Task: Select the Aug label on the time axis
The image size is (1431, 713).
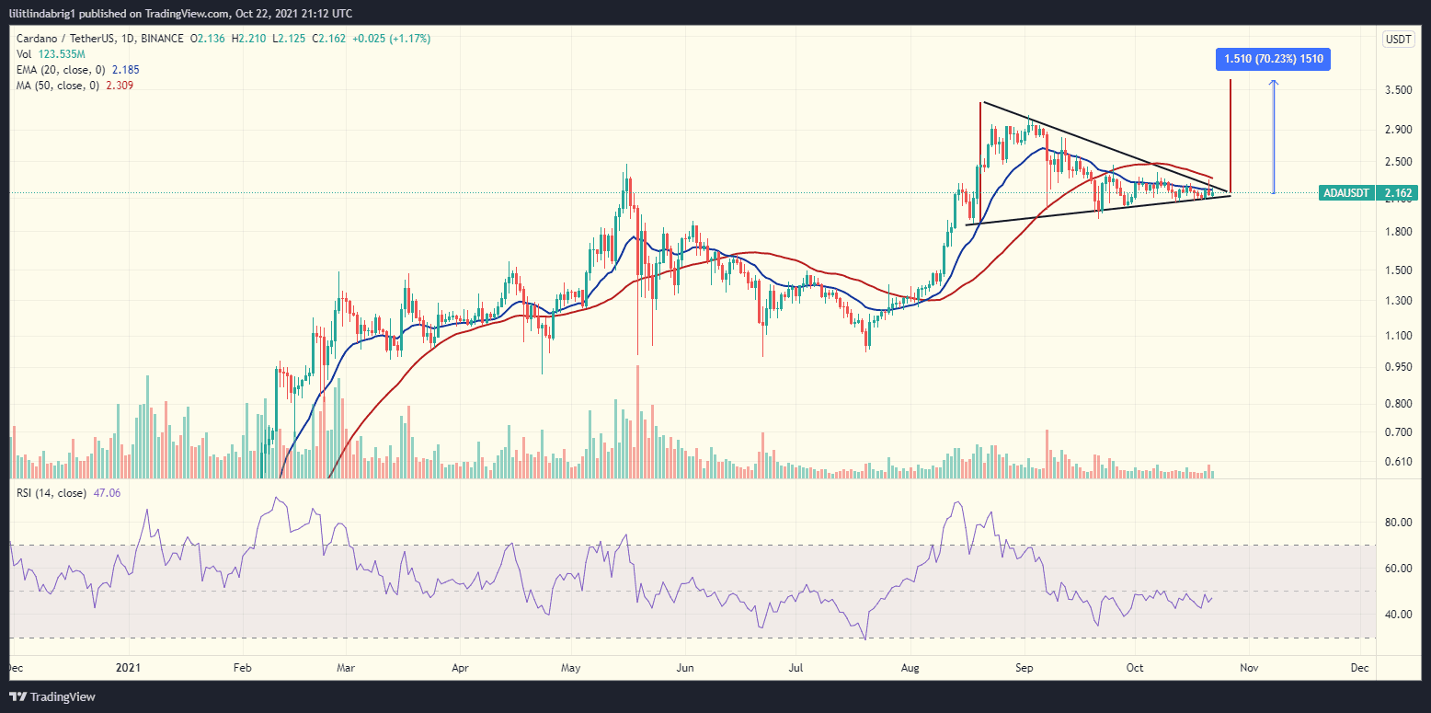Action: [911, 667]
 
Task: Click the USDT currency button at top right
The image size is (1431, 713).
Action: [1398, 39]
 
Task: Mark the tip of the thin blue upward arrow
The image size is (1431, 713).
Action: [1274, 81]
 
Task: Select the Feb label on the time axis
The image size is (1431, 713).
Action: [241, 667]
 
